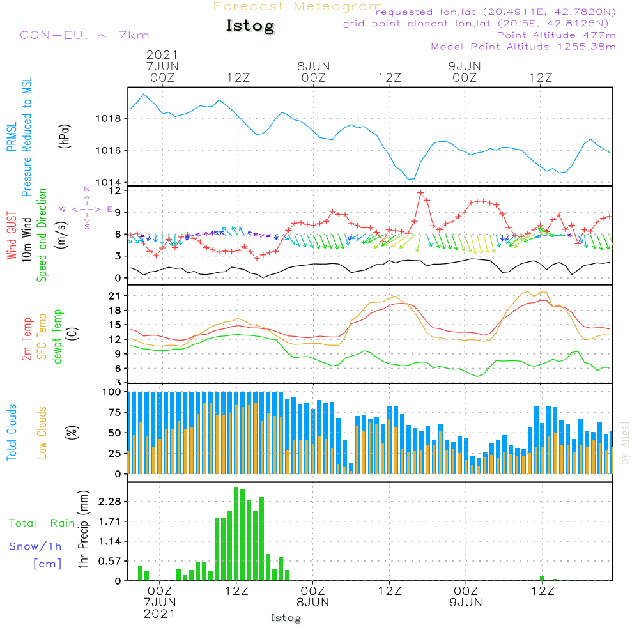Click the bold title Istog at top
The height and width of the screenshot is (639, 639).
pyautogui.click(x=250, y=26)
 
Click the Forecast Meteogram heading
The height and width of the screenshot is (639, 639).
pyautogui.click(x=298, y=6)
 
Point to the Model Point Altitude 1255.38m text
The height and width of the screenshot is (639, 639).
pyautogui.click(x=523, y=47)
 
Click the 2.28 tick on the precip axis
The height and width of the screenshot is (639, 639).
pyautogui.click(x=111, y=502)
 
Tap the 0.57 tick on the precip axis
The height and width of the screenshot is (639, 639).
pyautogui.click(x=111, y=561)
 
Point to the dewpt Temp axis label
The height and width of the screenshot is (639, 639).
pyautogui.click(x=58, y=337)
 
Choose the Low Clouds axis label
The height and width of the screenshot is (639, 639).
pyautogui.click(x=42, y=433)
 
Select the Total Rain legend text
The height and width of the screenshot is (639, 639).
pyautogui.click(x=42, y=523)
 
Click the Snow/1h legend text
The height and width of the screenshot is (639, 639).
pyautogui.click(x=36, y=546)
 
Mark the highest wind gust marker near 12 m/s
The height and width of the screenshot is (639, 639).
pyautogui.click(x=420, y=193)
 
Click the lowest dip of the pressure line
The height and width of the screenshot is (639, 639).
pyautogui.click(x=411, y=179)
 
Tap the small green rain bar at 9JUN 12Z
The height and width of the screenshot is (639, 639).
pyautogui.click(x=542, y=578)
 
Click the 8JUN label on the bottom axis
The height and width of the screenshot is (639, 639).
pyautogui.click(x=313, y=602)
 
